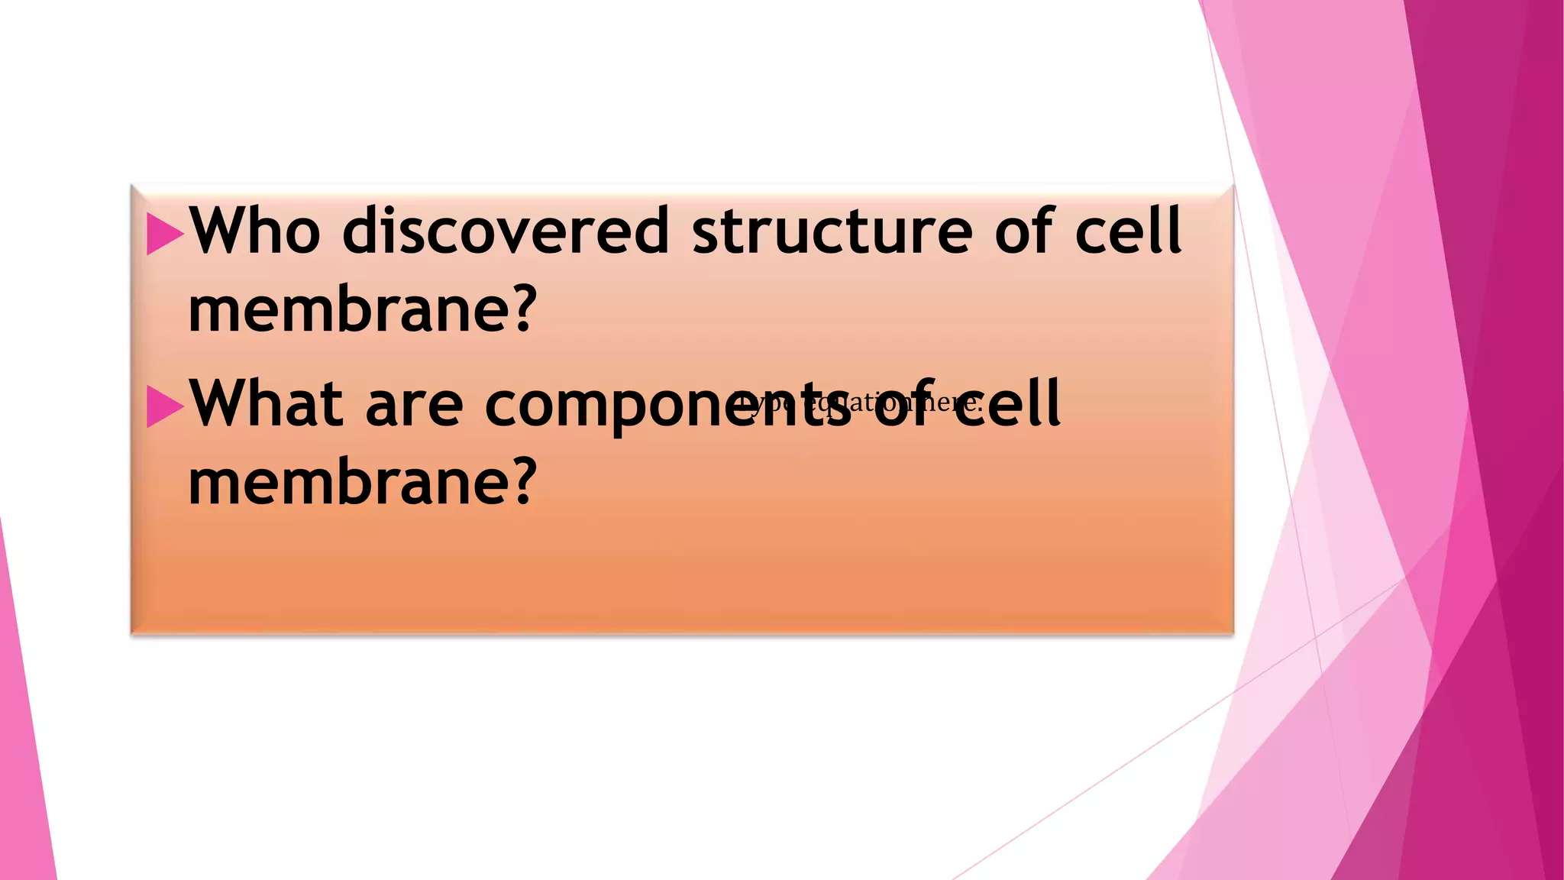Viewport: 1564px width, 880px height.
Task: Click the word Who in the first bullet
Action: click(x=254, y=231)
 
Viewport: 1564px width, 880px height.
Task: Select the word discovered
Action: click(x=506, y=231)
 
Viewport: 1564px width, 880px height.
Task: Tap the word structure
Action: click(x=832, y=231)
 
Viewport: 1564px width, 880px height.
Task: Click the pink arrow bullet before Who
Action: click(x=164, y=233)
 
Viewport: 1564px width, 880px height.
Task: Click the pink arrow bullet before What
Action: click(x=164, y=406)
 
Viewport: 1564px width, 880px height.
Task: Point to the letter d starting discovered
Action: click(x=364, y=231)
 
